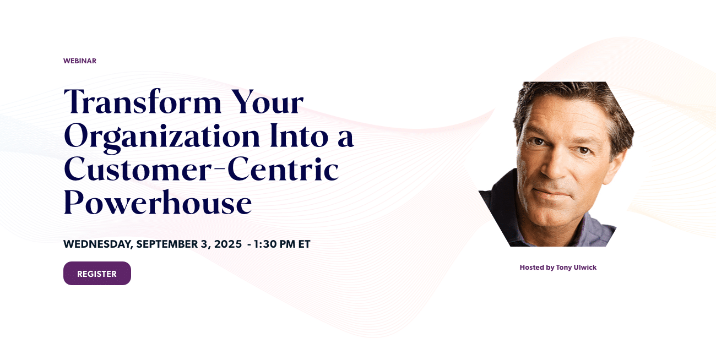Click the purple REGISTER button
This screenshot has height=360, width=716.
click(x=97, y=274)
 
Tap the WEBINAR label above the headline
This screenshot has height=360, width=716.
click(x=80, y=61)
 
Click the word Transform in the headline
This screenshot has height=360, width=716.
click(x=143, y=102)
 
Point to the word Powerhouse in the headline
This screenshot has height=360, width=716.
click(x=158, y=203)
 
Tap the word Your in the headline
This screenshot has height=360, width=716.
click(x=267, y=102)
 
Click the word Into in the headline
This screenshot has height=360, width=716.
click(x=299, y=135)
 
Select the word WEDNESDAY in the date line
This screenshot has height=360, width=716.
click(x=98, y=244)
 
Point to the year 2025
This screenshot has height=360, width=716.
click(x=228, y=244)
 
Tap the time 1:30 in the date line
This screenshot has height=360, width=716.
click(x=265, y=244)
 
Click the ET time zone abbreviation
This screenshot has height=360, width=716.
click(x=304, y=244)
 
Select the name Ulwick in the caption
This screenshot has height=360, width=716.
click(x=586, y=268)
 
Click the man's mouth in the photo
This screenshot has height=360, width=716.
click(x=551, y=193)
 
